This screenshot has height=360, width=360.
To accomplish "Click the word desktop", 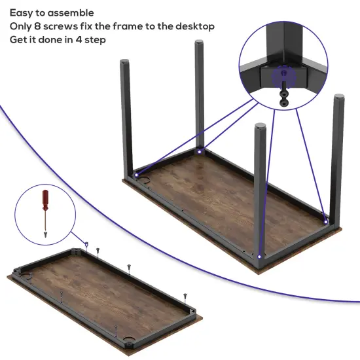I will tap(191, 27).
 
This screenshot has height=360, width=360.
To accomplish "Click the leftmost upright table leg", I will tap(127, 115).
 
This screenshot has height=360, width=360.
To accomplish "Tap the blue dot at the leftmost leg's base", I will tap(135, 175).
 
